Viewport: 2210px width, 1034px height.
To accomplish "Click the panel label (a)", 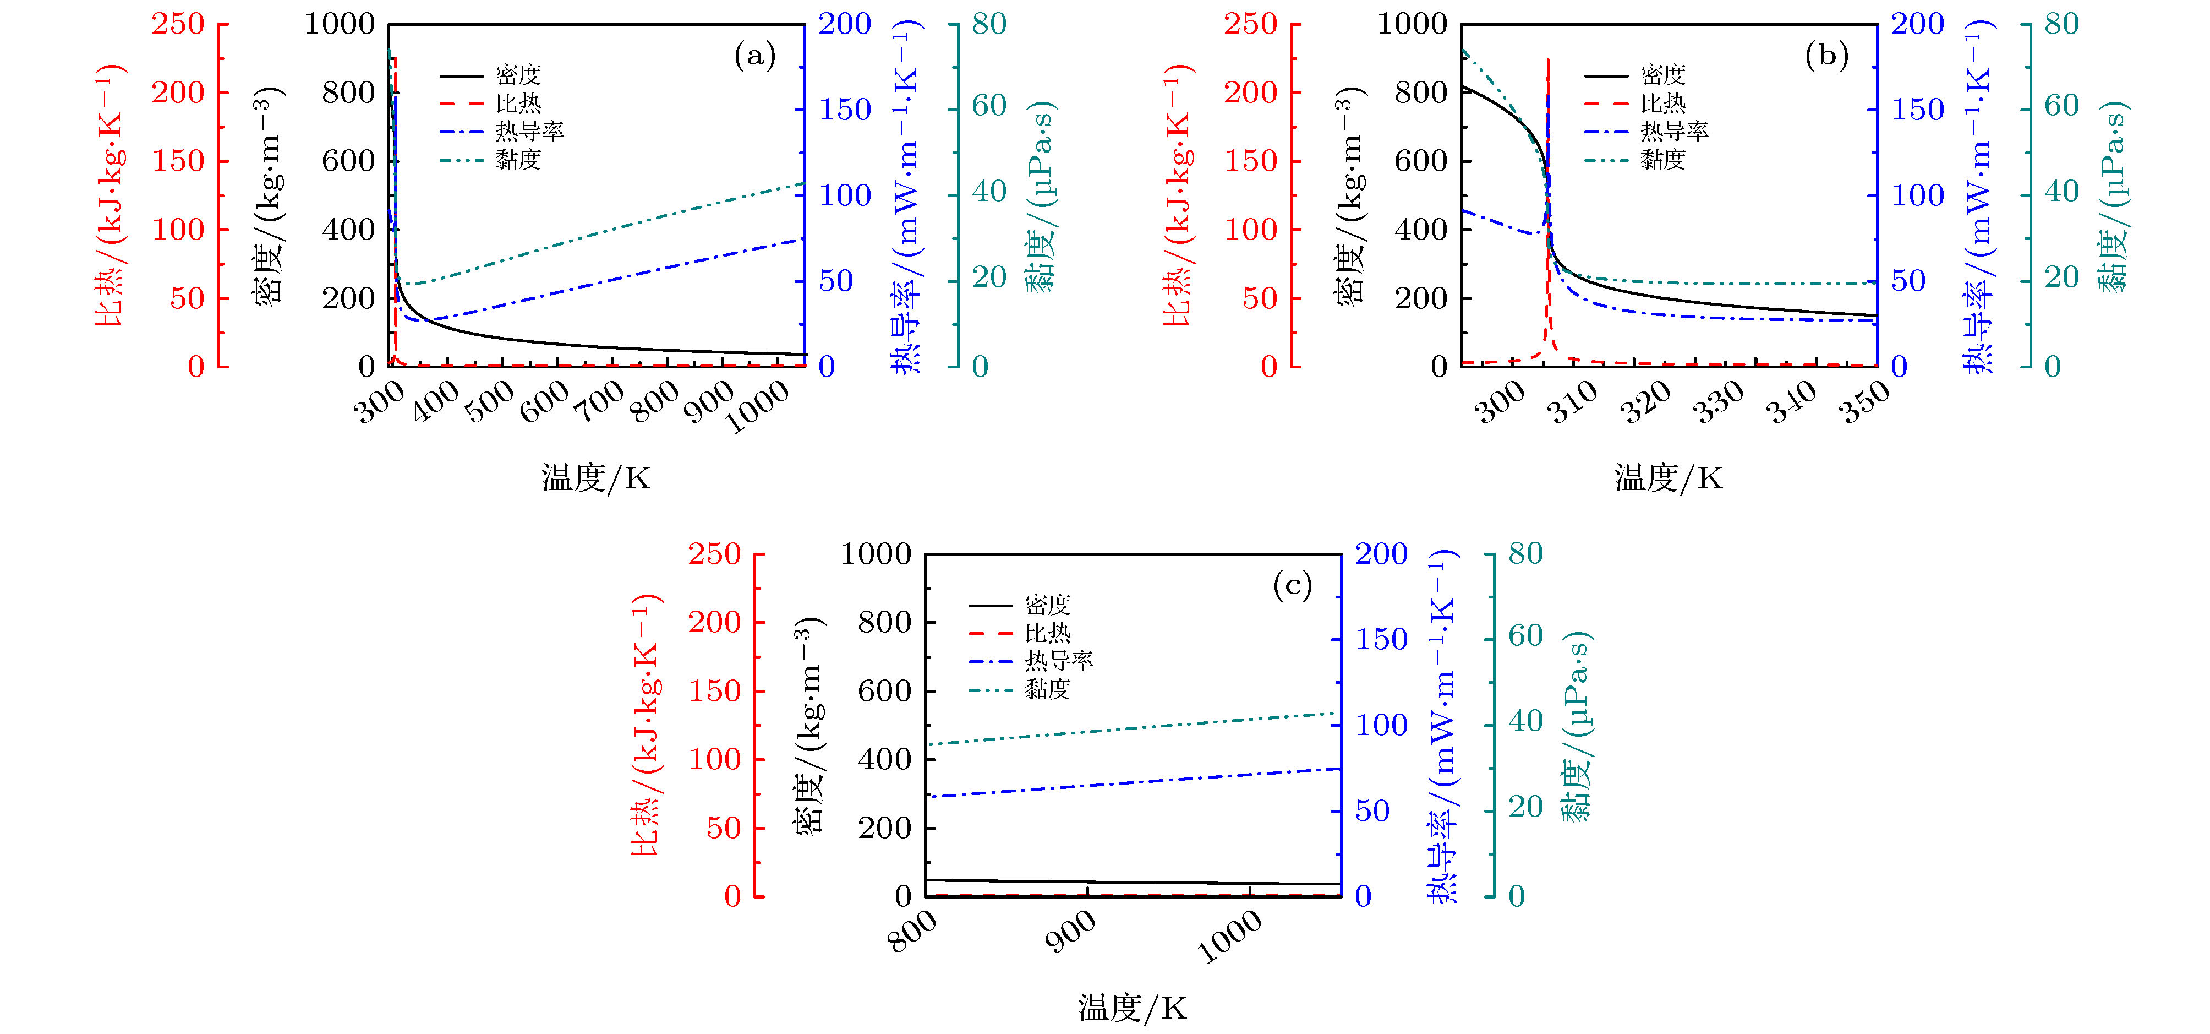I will tap(755, 57).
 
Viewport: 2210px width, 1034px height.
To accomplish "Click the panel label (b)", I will tap(1826, 57).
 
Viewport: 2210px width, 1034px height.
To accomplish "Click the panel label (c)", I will tap(1292, 586).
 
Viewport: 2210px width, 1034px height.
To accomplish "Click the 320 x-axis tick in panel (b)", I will tap(1645, 401).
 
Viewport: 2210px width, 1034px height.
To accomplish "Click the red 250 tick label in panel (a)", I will tap(178, 24).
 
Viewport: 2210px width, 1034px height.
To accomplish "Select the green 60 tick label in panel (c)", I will tap(1525, 636).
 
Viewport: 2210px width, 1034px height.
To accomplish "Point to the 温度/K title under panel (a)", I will tap(597, 478).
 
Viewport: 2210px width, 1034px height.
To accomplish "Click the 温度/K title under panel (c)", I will tap(1133, 1008).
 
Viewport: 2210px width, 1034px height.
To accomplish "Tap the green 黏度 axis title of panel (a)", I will tap(1042, 197).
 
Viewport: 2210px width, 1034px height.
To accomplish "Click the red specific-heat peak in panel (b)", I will tap(1547, 62).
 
